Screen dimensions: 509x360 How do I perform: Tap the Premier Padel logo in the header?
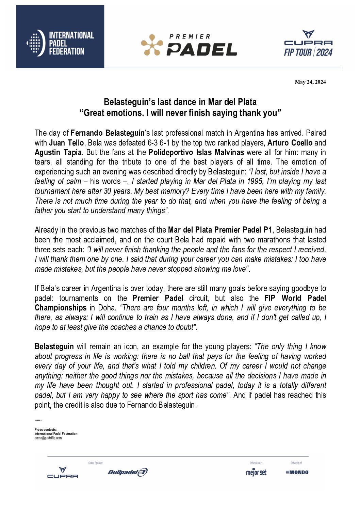point(189,45)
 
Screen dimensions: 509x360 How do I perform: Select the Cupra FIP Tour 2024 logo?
point(308,43)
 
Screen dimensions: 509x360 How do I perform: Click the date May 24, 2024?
point(310,82)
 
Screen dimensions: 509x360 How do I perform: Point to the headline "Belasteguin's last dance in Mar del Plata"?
point(180,102)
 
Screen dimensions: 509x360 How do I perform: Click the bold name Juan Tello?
point(66,143)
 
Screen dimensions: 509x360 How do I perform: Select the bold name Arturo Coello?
point(290,143)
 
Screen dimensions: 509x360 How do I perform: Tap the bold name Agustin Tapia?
point(58,152)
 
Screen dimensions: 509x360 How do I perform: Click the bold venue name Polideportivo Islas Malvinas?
point(196,152)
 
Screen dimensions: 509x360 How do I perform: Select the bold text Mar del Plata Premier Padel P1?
point(220,230)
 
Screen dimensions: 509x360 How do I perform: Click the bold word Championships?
point(61,308)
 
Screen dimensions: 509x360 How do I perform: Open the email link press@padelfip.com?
point(48,438)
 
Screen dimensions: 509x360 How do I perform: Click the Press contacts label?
point(46,429)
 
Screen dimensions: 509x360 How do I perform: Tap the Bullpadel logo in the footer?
point(128,472)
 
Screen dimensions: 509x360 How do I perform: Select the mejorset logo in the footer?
point(256,472)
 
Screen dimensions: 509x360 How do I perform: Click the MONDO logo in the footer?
point(297,472)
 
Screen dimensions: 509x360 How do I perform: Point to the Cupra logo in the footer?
point(63,473)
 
